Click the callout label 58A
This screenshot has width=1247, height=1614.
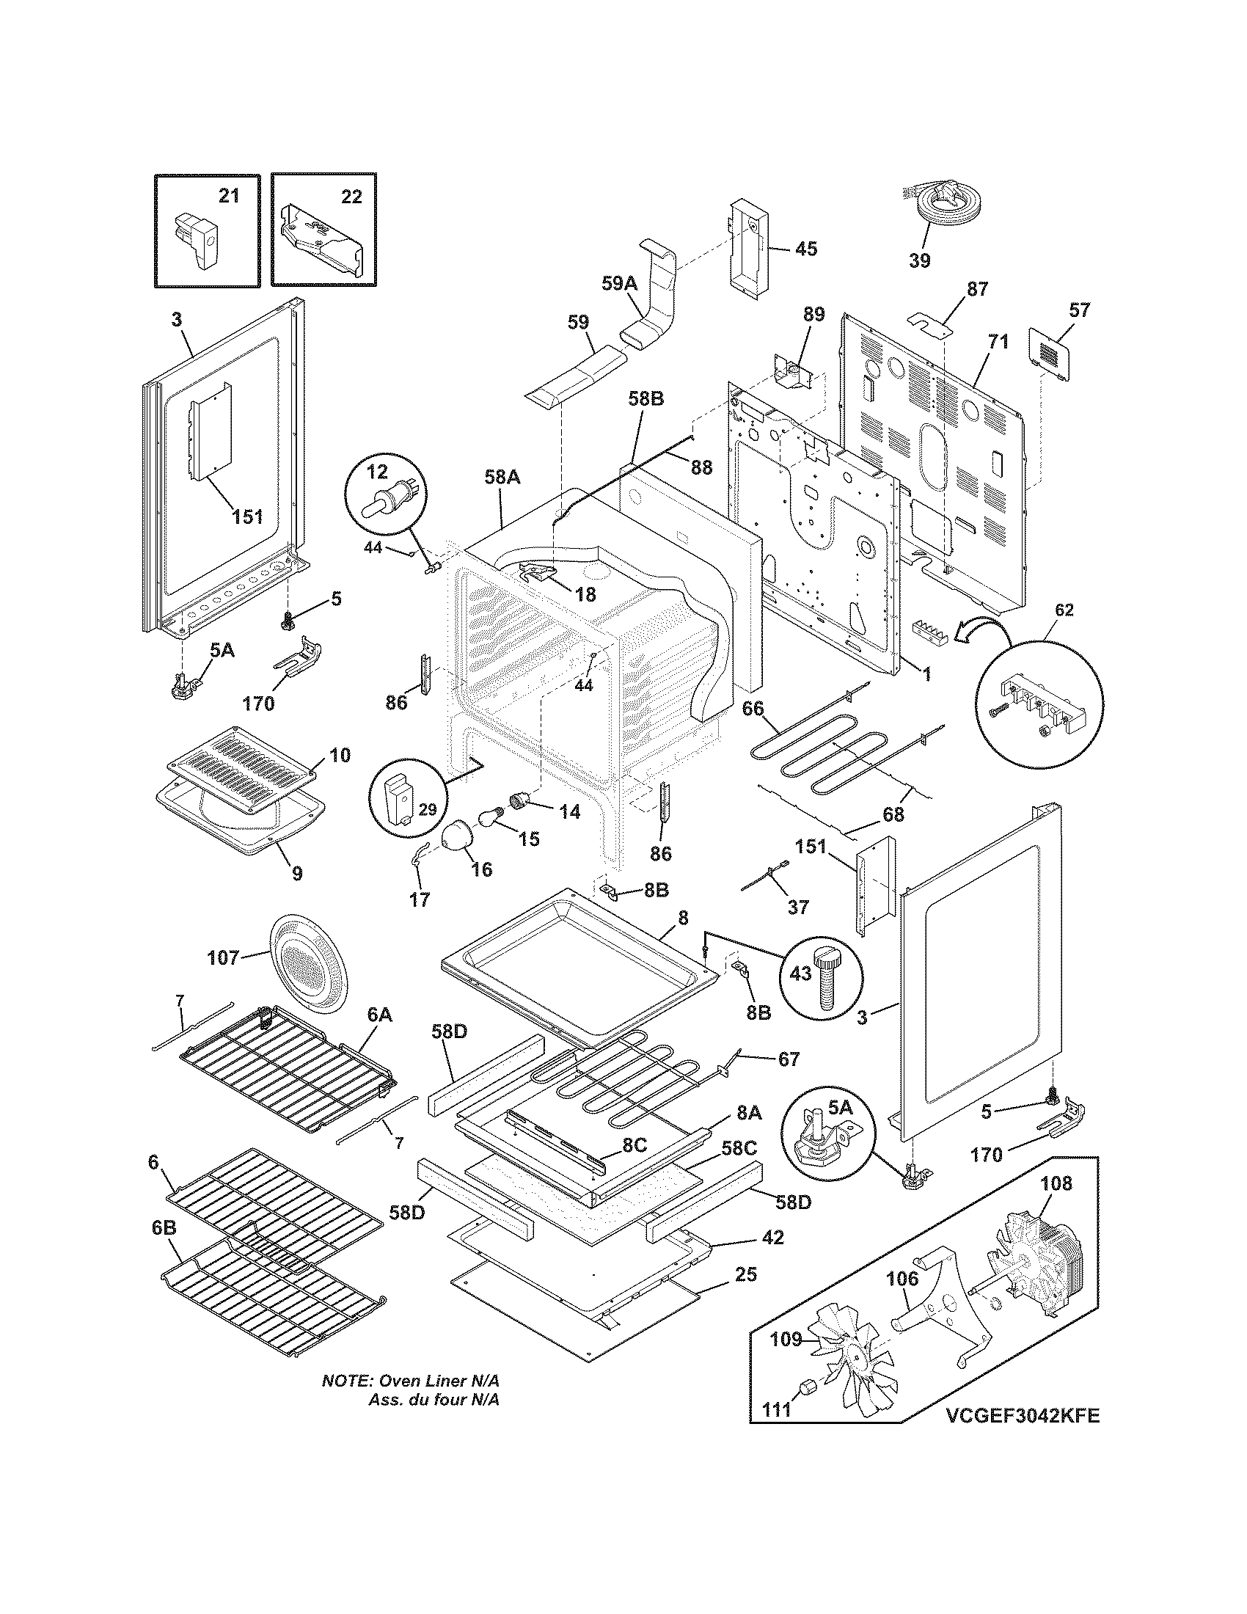[502, 478]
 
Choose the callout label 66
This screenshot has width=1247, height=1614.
[753, 708]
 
